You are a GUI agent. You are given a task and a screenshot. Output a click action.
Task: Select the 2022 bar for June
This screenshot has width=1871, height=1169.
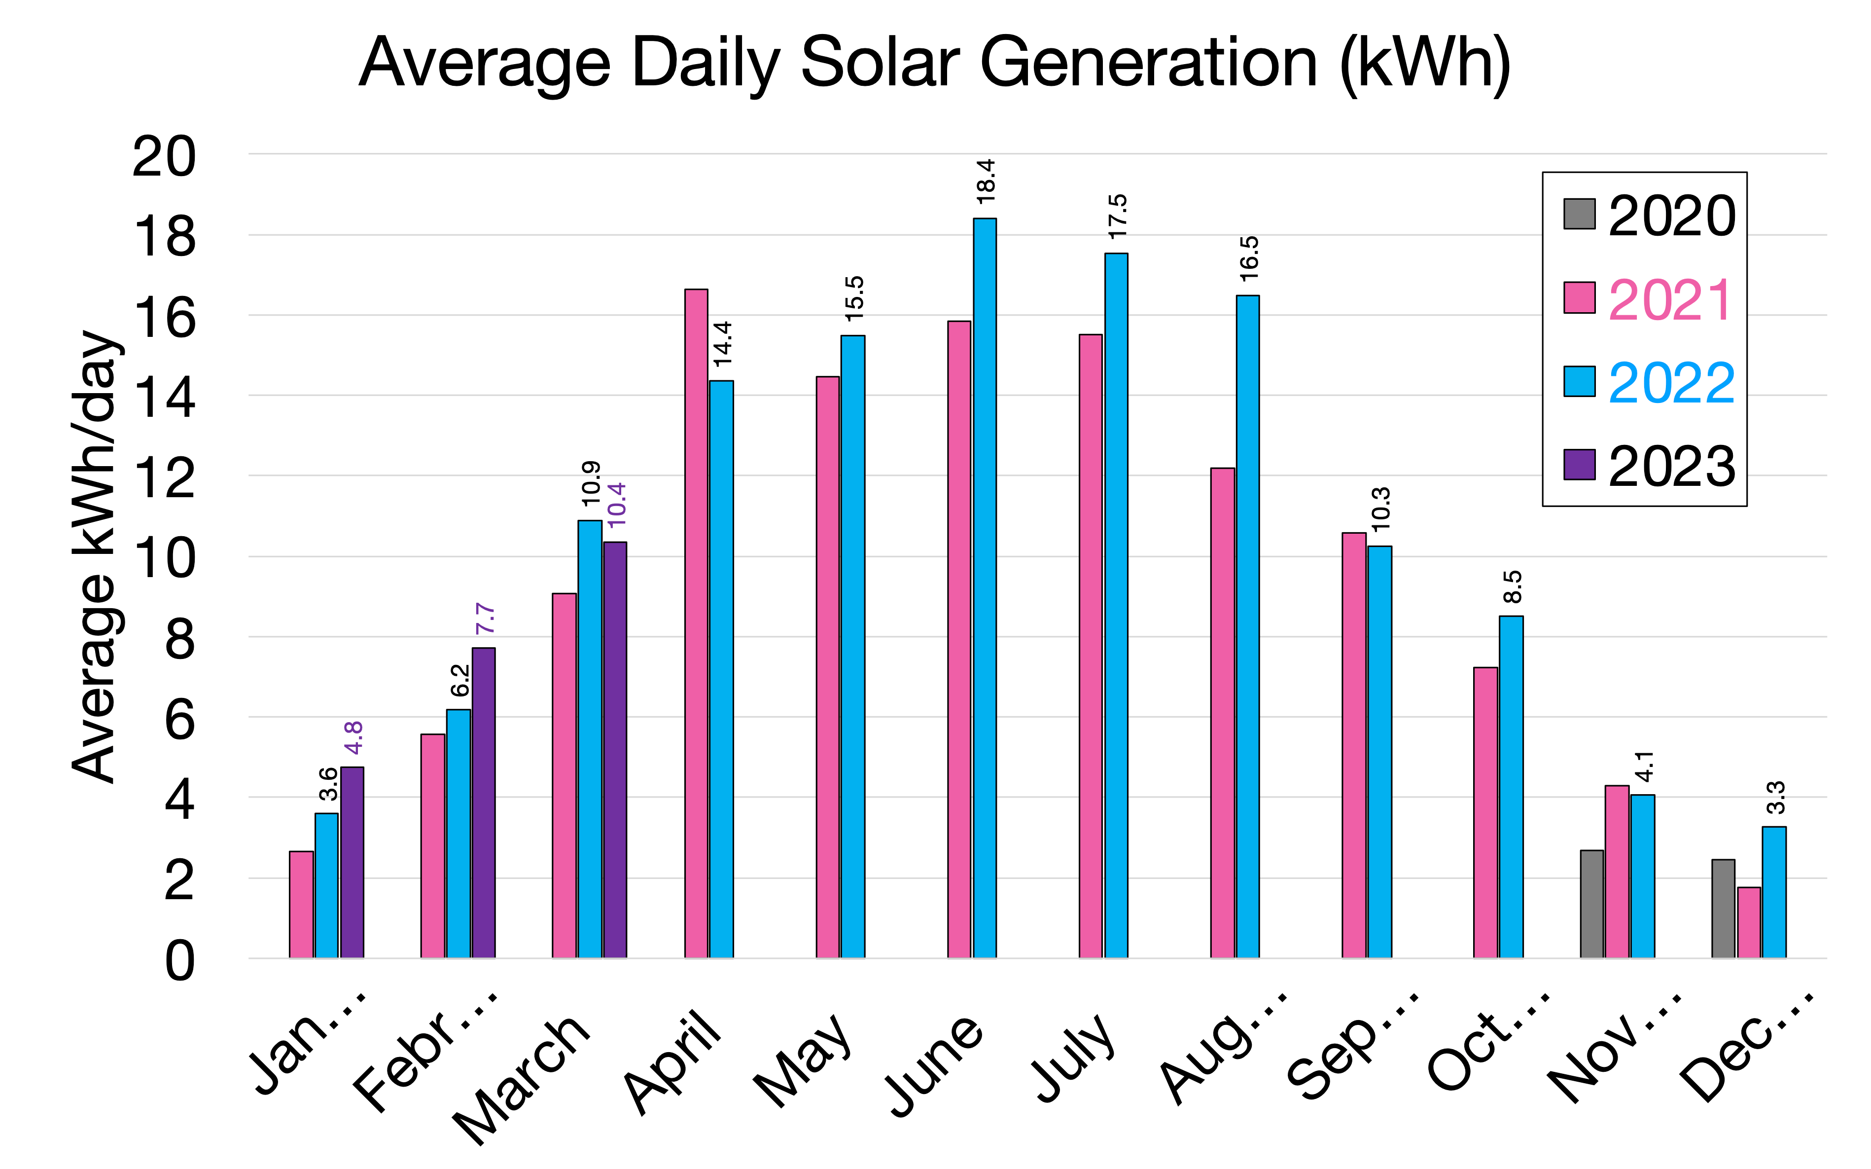pos(985,587)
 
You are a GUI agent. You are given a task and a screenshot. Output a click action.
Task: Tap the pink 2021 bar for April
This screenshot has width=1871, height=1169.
pos(696,623)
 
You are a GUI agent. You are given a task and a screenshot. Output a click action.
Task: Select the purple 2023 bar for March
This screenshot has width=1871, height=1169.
pos(615,750)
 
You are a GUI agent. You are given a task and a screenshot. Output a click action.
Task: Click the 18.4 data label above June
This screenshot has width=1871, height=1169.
pos(986,182)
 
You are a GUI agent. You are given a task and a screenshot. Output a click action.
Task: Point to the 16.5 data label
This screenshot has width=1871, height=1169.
pos(1249,258)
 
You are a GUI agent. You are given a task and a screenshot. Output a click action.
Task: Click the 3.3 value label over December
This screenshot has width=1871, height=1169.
pos(1775,797)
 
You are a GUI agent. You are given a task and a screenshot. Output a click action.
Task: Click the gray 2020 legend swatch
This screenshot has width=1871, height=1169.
pos(1579,214)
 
